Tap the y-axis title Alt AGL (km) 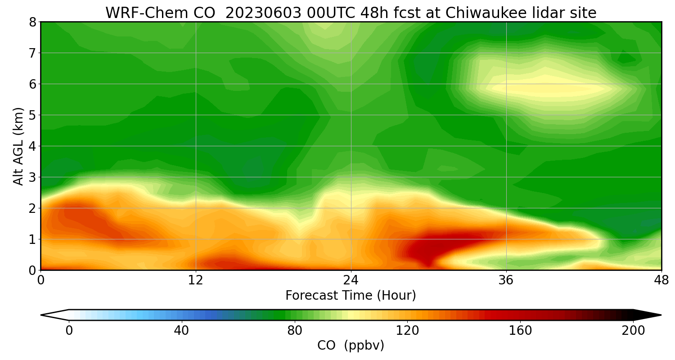18,146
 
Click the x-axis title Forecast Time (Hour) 351,296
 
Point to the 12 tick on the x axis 196,280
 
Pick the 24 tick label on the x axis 351,280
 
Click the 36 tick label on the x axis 506,280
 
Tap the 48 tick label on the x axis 661,280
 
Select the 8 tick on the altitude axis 32,22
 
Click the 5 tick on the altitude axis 32,115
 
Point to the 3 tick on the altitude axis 32,177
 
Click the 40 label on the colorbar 181,331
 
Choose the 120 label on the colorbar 408,331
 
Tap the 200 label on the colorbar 633,331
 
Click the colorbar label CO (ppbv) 351,346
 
